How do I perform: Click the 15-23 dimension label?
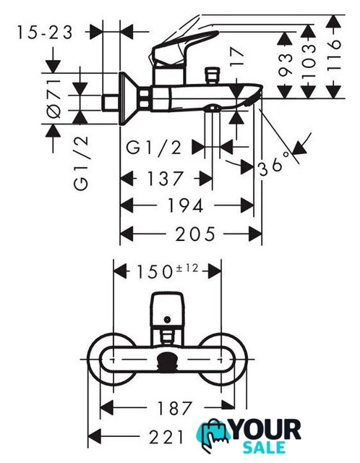point(44,32)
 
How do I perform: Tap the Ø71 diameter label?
point(53,98)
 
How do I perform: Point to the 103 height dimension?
point(308,61)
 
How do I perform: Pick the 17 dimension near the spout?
point(237,57)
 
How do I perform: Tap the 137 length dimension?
point(165,179)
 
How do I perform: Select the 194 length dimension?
point(186,205)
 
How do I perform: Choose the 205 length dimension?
point(195,234)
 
